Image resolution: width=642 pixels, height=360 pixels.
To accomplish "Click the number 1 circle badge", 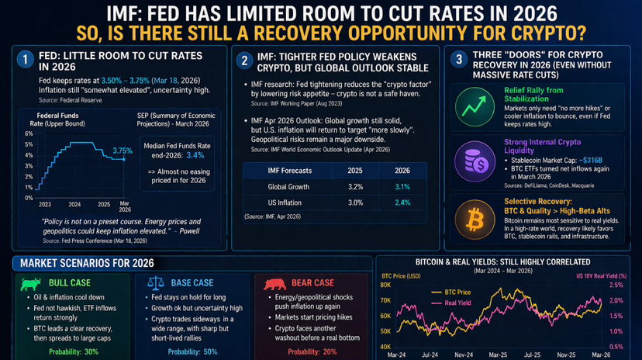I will click(x=26, y=61).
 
